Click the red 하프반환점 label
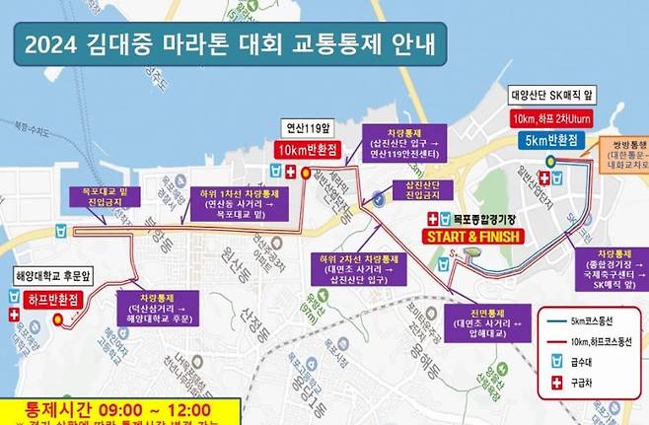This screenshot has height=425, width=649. tap(41, 298)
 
